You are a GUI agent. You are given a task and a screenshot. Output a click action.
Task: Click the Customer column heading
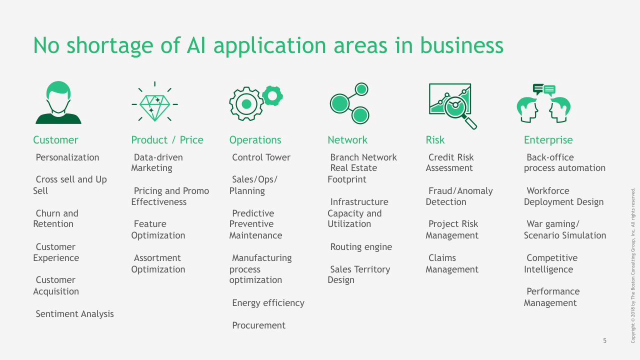click(55, 140)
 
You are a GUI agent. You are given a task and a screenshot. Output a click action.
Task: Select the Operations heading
click(255, 140)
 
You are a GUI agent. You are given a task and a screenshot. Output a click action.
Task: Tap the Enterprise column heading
click(548, 140)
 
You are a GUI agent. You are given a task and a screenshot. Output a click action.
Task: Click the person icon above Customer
click(58, 102)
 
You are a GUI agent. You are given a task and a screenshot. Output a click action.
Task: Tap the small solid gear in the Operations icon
click(272, 96)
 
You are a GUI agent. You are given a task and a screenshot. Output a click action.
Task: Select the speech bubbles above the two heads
click(544, 89)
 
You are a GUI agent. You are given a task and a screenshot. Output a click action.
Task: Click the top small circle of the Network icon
click(361, 89)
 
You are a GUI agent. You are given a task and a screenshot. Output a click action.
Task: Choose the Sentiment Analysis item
click(74, 314)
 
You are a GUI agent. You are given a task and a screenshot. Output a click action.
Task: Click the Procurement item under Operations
click(258, 325)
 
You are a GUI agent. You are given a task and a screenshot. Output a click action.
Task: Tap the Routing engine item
click(361, 247)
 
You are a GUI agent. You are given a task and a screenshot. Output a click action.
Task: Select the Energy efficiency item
click(268, 303)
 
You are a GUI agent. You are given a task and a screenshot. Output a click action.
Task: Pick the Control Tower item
click(261, 157)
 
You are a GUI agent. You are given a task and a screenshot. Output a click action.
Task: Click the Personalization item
click(67, 157)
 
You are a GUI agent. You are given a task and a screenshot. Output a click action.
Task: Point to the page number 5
click(604, 340)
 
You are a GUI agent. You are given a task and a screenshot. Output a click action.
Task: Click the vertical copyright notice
click(633, 265)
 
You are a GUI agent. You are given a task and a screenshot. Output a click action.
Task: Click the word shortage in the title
click(109, 45)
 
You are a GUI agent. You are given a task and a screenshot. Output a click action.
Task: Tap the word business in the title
click(461, 45)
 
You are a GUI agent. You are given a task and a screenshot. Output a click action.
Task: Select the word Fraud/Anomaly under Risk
click(460, 191)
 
